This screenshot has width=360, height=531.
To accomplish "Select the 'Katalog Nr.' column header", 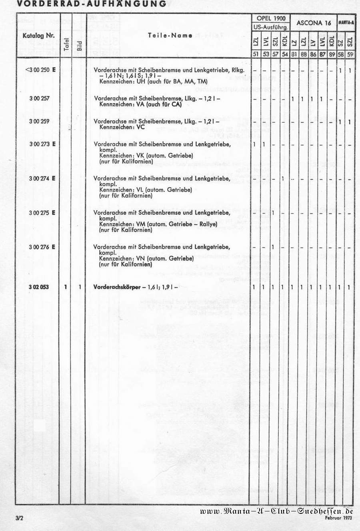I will [38, 35].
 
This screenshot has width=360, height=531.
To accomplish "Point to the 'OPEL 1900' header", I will [271, 18].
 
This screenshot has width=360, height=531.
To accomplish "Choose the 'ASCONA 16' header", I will [314, 23].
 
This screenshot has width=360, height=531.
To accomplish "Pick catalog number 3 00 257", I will [39, 98].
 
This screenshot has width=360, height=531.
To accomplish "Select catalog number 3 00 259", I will [39, 121].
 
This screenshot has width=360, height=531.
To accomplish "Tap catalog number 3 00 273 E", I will [42, 144].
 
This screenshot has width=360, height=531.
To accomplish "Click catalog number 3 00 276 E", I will [42, 247].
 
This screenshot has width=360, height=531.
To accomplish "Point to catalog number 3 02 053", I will [39, 287].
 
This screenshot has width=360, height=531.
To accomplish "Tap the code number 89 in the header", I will [332, 54].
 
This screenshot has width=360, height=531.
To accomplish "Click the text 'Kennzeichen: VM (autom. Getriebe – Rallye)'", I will [158, 224].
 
